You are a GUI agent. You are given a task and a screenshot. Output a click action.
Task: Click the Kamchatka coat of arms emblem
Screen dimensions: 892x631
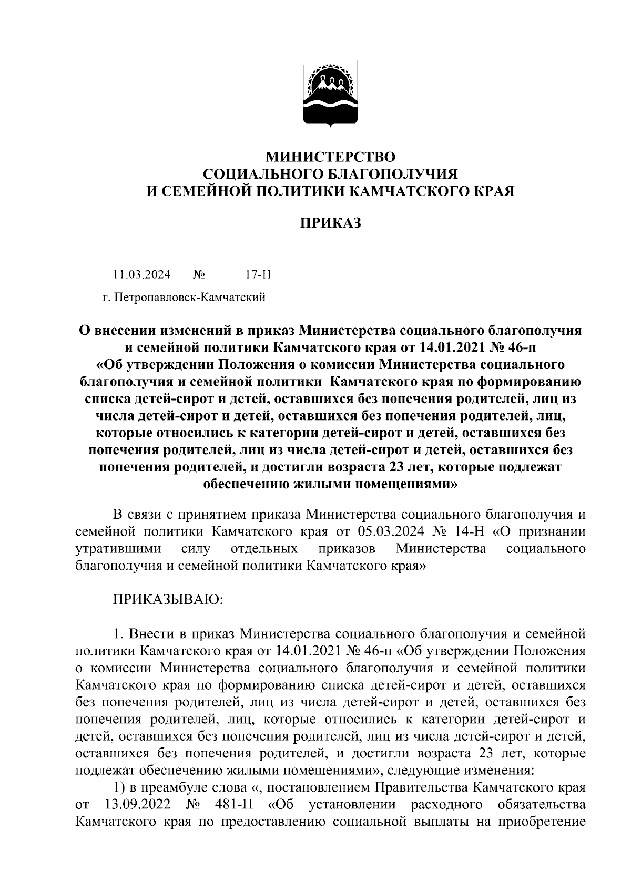(330, 94)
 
